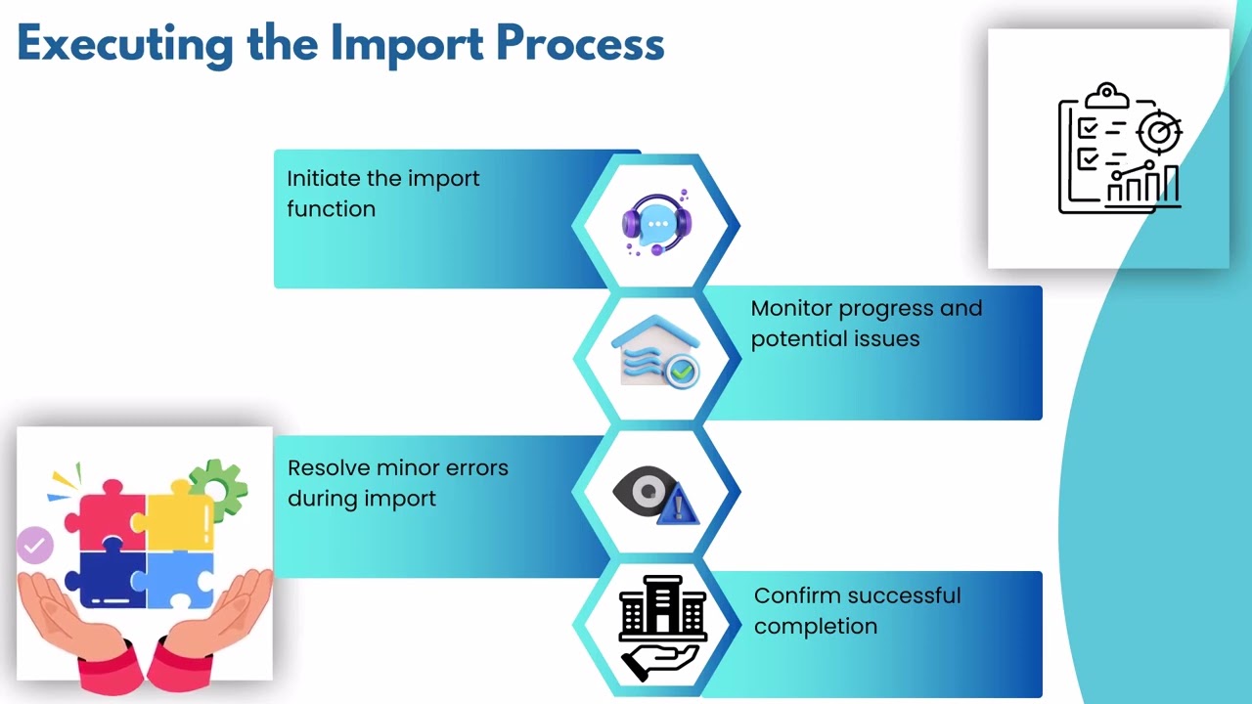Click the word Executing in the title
[x=122, y=44]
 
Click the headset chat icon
[x=656, y=223]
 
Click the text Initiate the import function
[x=382, y=194]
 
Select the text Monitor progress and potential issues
[x=866, y=324]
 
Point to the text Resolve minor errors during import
[x=397, y=483]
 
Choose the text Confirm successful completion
[x=857, y=611]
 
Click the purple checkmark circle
[x=35, y=546]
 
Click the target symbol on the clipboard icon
[x=1160, y=131]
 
